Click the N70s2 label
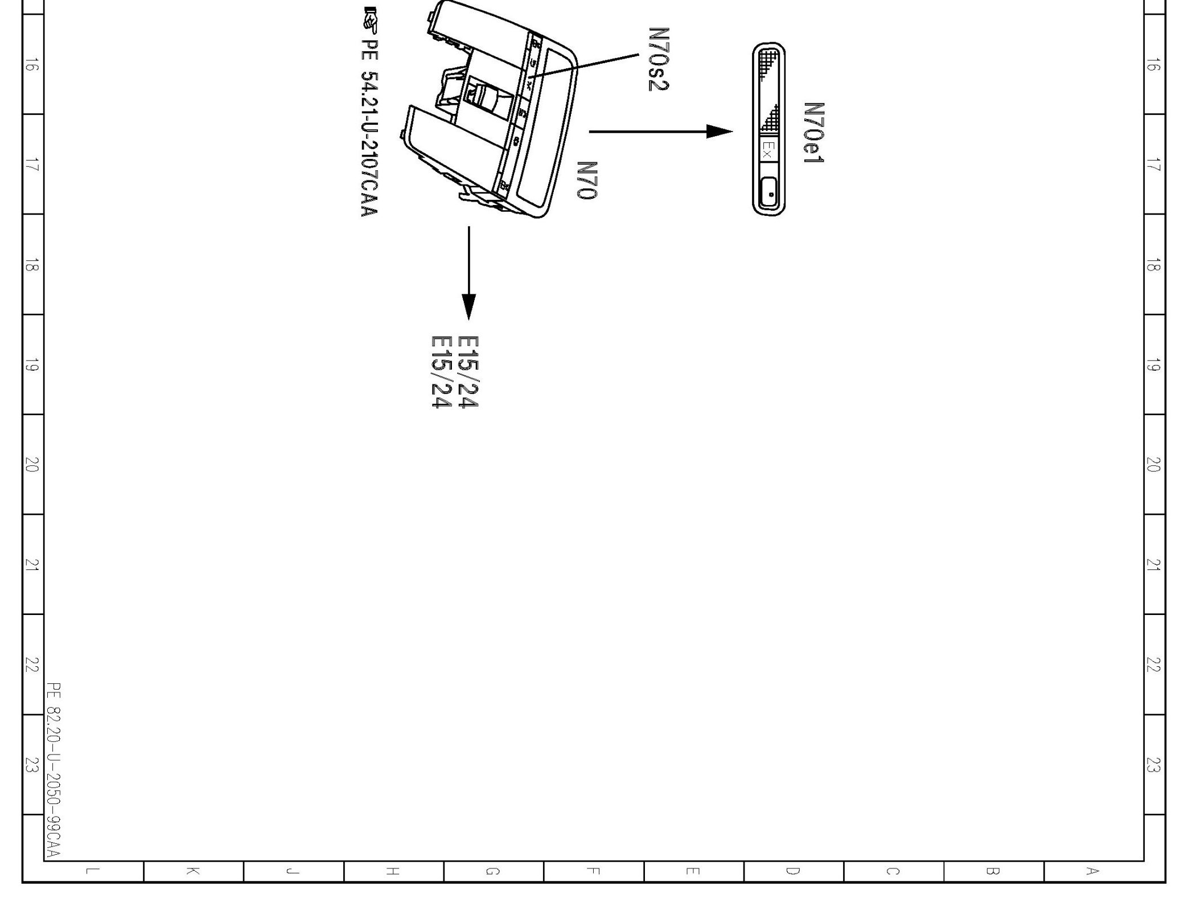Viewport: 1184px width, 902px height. tap(659, 59)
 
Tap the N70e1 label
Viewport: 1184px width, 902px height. tap(814, 133)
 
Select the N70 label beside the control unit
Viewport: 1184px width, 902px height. tap(587, 181)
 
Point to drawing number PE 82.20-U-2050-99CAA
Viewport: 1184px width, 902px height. tap(54, 770)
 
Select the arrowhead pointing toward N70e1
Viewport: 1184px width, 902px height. tap(720, 132)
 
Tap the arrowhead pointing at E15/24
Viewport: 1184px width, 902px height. tap(469, 306)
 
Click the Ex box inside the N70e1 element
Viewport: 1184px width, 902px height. tap(768, 150)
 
